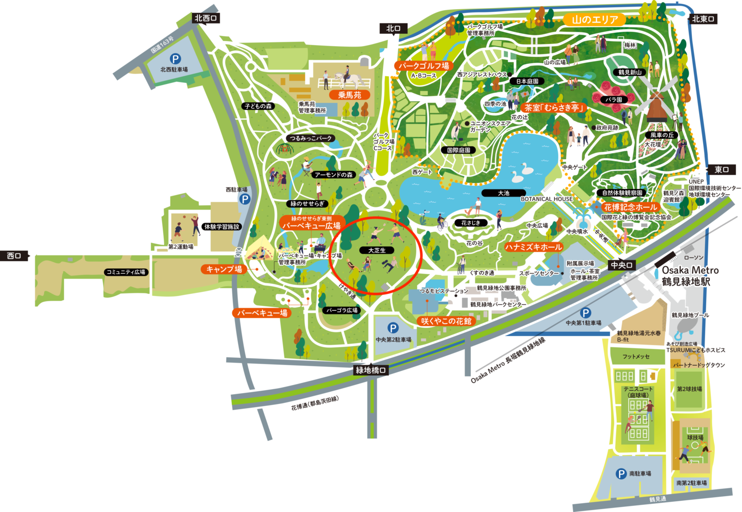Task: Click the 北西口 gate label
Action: pyautogui.click(x=206, y=18)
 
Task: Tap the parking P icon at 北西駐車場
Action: pyautogui.click(x=175, y=59)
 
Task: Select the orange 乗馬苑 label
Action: pyautogui.click(x=350, y=95)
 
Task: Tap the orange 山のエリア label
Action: pyautogui.click(x=595, y=20)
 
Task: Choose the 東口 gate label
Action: pyautogui.click(x=722, y=169)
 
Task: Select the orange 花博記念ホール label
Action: pyautogui.click(x=630, y=207)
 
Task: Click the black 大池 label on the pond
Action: pyautogui.click(x=504, y=193)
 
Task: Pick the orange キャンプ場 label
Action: pyautogui.click(x=224, y=269)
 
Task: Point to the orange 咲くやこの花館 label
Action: pyautogui.click(x=446, y=321)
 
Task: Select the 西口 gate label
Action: pyautogui.click(x=14, y=255)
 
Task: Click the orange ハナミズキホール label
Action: pyautogui.click(x=533, y=247)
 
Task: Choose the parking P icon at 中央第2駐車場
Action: pyautogui.click(x=392, y=328)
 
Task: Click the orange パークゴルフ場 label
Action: pyautogui.click(x=424, y=66)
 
